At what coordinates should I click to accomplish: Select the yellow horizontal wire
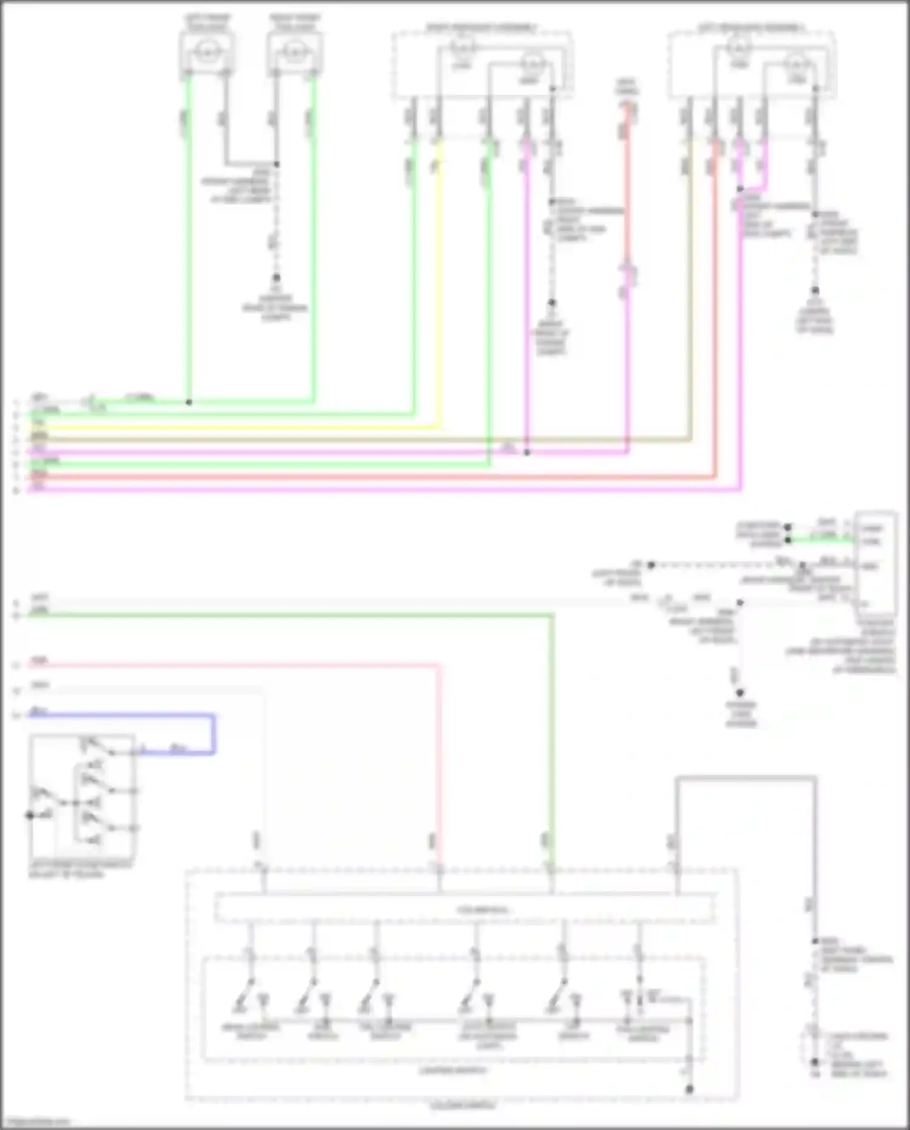tap(243, 427)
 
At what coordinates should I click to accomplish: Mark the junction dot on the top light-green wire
tap(189, 402)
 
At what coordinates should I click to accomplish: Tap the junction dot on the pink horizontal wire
tap(527, 452)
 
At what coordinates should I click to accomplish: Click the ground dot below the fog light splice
tap(276, 278)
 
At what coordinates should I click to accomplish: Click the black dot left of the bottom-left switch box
tap(29, 815)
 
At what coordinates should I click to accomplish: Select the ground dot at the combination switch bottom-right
tap(689, 1089)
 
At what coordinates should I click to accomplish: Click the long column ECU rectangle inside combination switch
tap(465, 910)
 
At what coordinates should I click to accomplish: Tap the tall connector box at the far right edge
tap(875, 559)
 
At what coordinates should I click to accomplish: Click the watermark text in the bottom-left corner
tap(35, 1121)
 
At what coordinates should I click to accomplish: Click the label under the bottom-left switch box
tap(79, 870)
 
